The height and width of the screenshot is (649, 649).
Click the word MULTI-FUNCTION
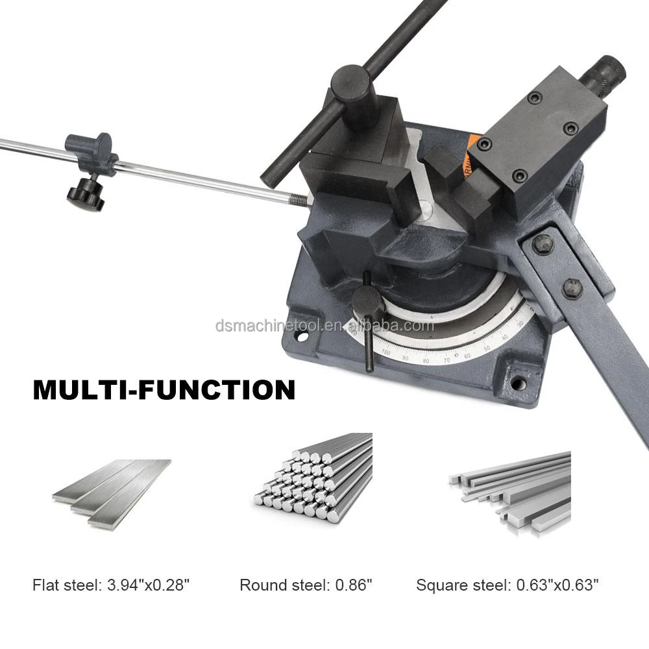click(x=164, y=389)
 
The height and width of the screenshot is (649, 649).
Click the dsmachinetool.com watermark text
click(x=324, y=325)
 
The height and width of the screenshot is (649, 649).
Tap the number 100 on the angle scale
click(x=386, y=353)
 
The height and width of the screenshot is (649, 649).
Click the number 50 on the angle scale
click(x=487, y=349)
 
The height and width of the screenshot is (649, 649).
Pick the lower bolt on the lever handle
click(x=571, y=286)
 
